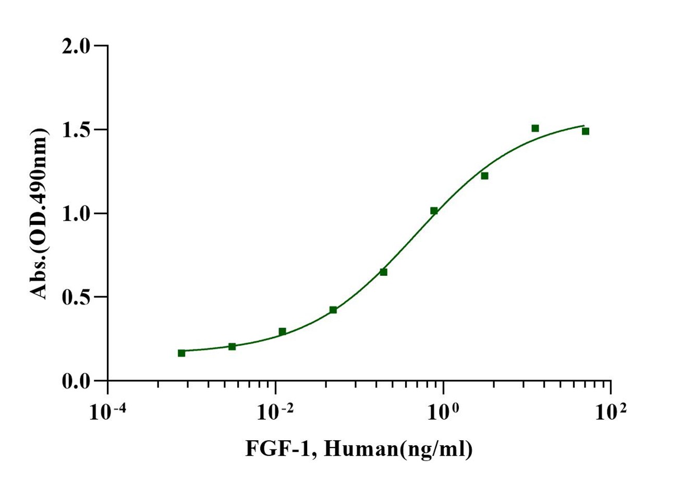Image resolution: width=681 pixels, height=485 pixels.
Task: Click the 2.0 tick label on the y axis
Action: coord(76,46)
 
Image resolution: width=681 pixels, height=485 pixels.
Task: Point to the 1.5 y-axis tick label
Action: coord(76,130)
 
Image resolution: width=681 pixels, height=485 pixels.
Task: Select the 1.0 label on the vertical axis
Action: coord(76,213)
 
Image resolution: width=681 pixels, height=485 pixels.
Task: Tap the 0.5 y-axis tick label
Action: coord(76,297)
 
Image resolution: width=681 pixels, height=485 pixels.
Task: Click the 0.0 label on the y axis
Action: coord(76,381)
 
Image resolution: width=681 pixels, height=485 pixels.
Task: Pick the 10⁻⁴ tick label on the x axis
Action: coord(107,413)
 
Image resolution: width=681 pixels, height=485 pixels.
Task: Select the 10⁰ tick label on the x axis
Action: coord(443,413)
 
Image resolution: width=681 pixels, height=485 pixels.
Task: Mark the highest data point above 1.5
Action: coord(535,128)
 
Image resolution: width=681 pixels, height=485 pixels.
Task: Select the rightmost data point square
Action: coord(586,131)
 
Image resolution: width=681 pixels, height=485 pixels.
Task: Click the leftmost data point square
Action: coord(181,353)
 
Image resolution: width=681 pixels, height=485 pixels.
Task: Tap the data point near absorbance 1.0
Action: coord(434,211)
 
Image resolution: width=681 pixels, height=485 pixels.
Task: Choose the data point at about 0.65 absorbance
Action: coord(383,272)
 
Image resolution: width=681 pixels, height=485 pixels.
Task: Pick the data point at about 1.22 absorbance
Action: coord(484,176)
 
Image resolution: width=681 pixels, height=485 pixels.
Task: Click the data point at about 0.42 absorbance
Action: coord(333,310)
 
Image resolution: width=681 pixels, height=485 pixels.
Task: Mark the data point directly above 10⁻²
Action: coord(282,332)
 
